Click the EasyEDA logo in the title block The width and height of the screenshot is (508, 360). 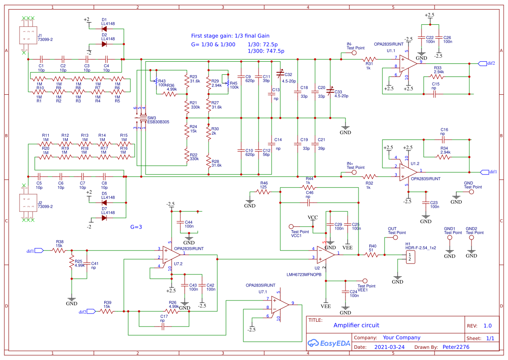click(329, 343)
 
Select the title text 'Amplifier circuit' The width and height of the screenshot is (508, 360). click(356, 325)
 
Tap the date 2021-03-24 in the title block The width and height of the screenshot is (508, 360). click(389, 347)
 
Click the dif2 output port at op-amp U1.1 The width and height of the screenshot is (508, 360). click(482, 63)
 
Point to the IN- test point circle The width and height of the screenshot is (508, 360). click(354, 53)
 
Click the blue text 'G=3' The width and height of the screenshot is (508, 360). click(136, 227)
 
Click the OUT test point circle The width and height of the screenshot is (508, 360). click(395, 238)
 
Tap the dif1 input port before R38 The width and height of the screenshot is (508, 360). click(38, 250)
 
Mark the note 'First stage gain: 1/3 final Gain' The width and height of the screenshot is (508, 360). click(230, 36)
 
